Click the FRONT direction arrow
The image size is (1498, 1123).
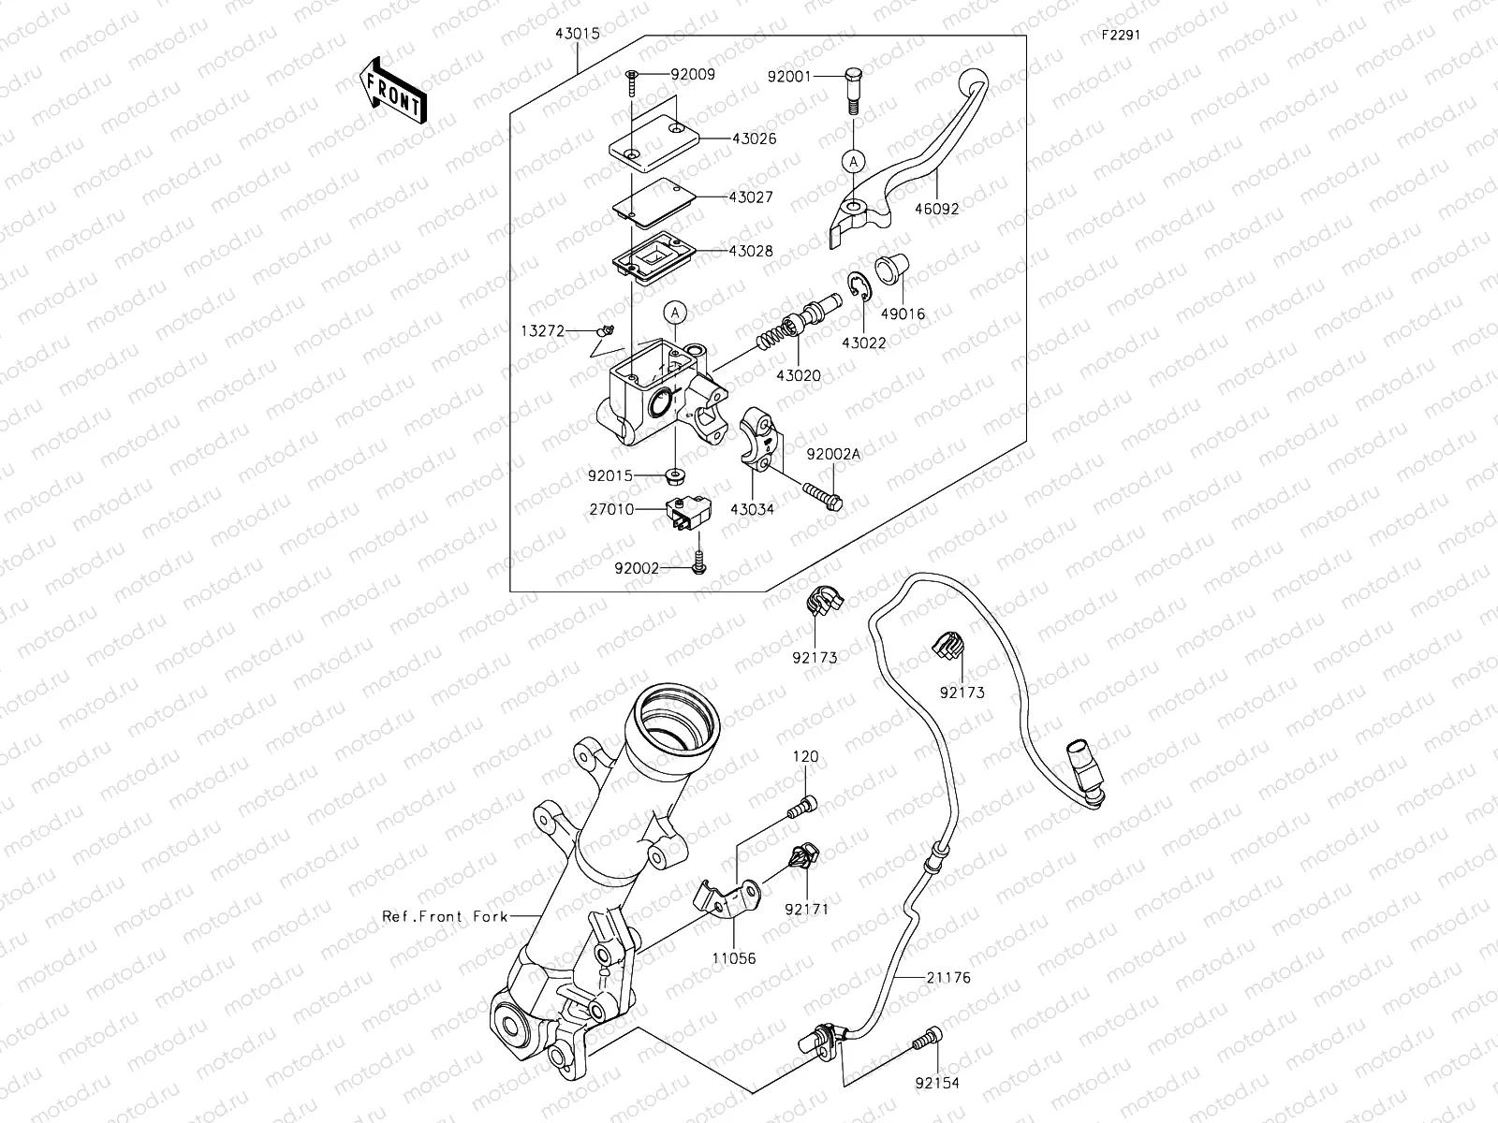[x=391, y=90]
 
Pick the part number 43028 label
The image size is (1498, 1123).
[x=755, y=252]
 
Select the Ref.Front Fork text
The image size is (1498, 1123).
[x=446, y=916]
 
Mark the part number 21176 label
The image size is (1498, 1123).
[x=950, y=978]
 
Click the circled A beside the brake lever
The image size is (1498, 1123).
[x=853, y=161]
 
